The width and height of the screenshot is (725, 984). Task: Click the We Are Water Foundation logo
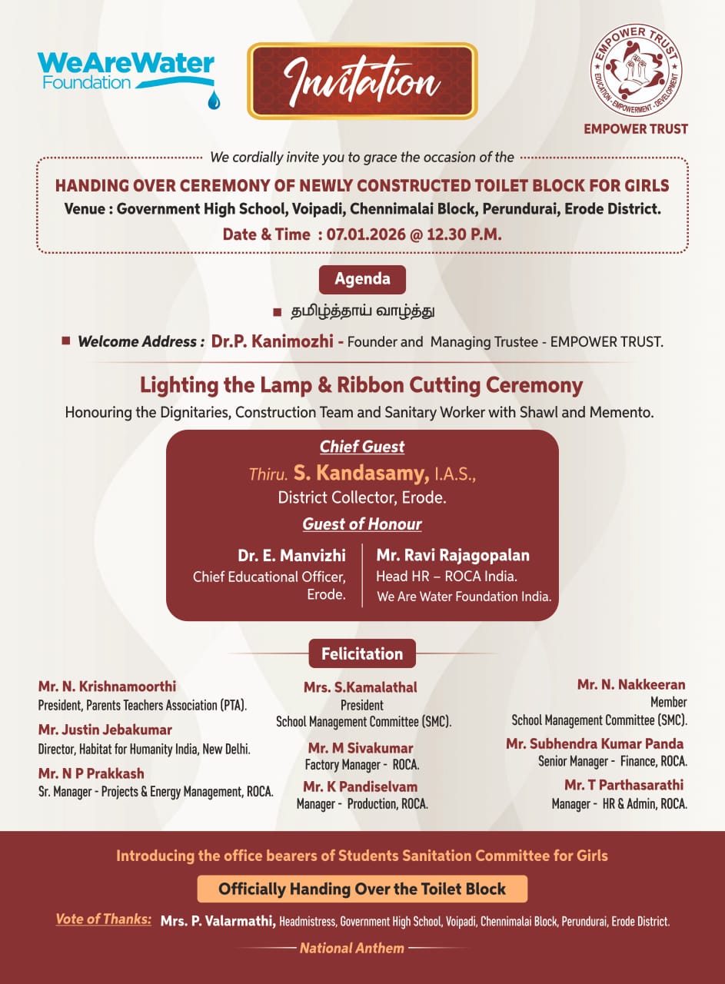point(126,71)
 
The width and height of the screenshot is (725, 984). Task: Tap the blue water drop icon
point(214,98)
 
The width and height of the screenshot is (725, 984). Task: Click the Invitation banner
point(362,81)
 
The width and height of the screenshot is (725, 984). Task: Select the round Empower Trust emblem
point(636,70)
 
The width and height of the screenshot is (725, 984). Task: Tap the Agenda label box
point(362,279)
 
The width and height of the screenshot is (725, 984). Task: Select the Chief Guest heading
point(362,447)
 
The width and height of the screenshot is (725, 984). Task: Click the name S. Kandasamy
point(361,473)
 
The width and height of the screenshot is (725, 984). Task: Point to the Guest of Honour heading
point(362,524)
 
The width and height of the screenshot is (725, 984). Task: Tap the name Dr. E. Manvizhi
point(291,555)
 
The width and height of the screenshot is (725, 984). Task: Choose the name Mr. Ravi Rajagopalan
point(453,555)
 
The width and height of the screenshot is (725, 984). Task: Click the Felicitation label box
point(362,653)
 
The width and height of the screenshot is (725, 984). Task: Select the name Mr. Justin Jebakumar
point(105,730)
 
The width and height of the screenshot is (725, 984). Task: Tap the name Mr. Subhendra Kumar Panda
point(594,743)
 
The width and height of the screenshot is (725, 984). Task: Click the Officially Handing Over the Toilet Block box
point(362,889)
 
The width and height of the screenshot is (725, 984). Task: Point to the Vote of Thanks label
point(103,919)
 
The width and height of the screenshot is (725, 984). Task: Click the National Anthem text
point(351,948)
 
